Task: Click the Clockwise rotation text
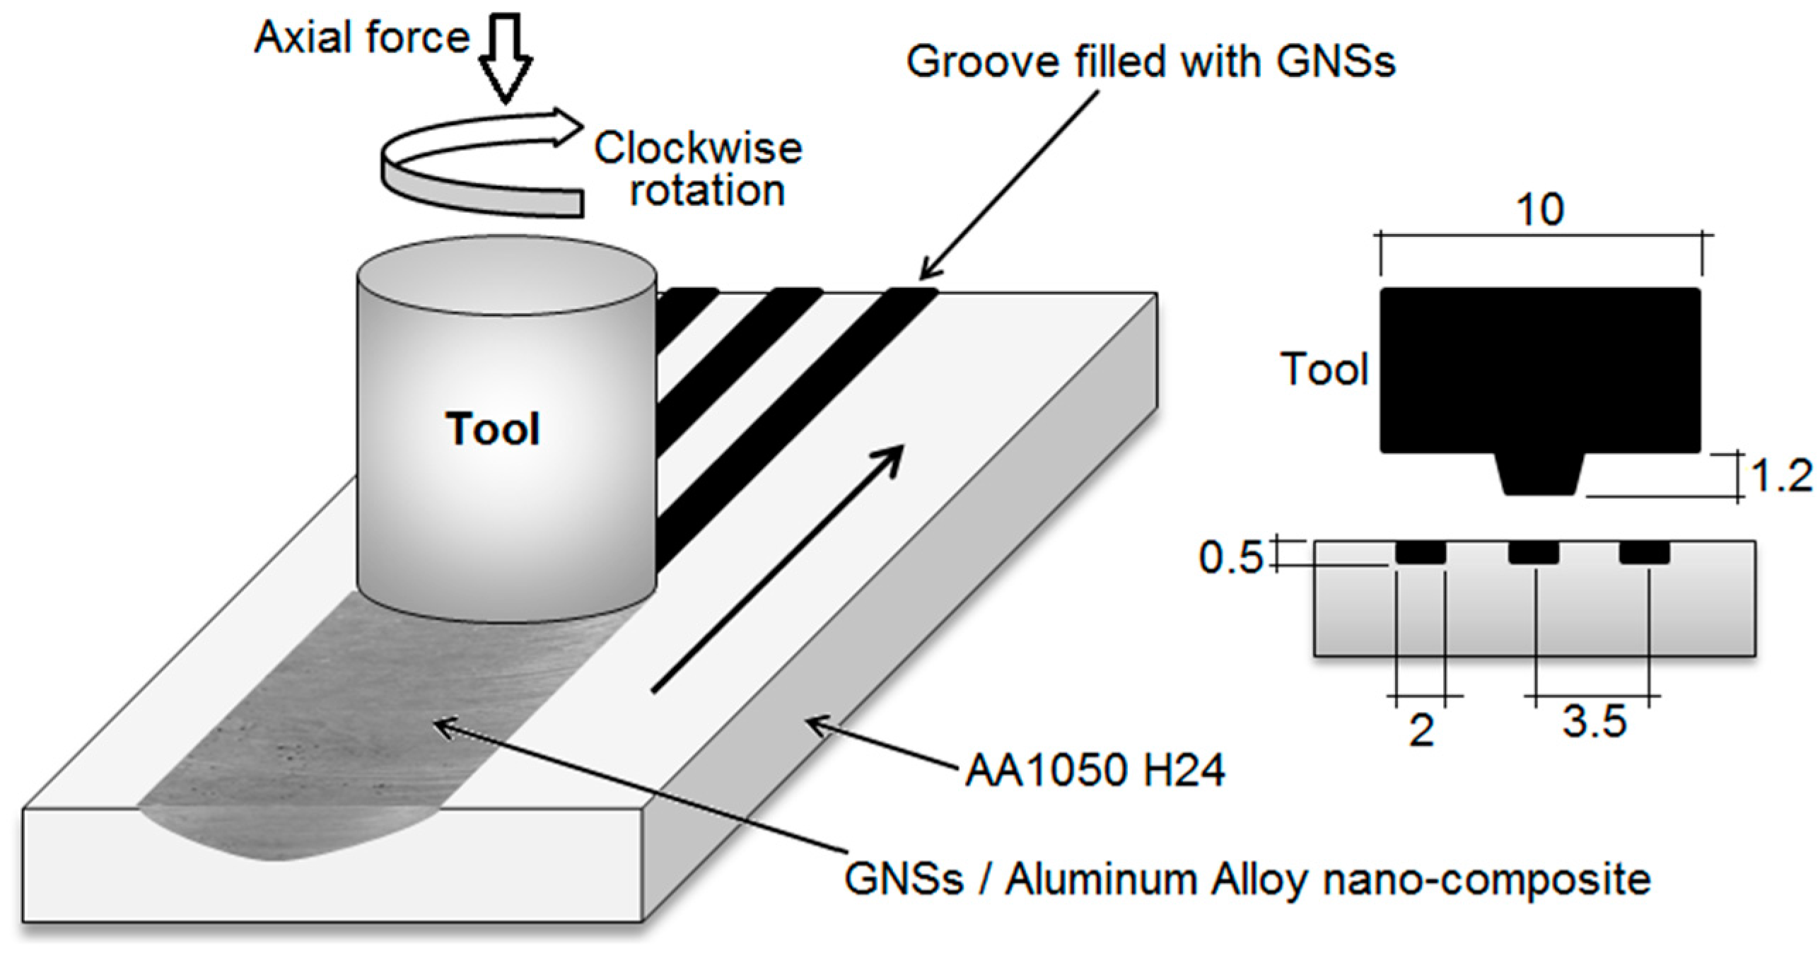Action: click(x=699, y=168)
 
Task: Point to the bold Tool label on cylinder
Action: click(x=493, y=429)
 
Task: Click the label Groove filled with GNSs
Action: click(x=1150, y=62)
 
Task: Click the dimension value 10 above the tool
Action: click(x=1540, y=210)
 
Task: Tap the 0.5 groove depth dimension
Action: click(x=1230, y=557)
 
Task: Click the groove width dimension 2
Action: click(x=1421, y=730)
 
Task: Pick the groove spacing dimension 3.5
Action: click(x=1594, y=722)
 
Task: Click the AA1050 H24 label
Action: click(x=1095, y=770)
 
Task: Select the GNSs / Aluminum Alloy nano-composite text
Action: click(x=1247, y=879)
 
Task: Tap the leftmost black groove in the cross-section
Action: click(x=1421, y=552)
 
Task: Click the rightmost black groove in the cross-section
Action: click(x=1645, y=552)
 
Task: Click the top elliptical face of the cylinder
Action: click(x=506, y=276)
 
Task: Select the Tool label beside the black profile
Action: click(x=1324, y=369)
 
